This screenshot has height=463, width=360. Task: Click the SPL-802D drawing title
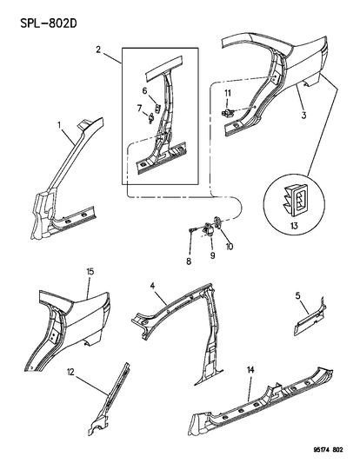pos(49,23)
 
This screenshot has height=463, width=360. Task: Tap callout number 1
pos(59,125)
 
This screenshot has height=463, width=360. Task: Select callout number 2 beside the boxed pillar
pos(98,50)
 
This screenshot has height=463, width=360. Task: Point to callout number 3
pos(303,115)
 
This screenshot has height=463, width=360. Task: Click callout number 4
pos(152,286)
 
